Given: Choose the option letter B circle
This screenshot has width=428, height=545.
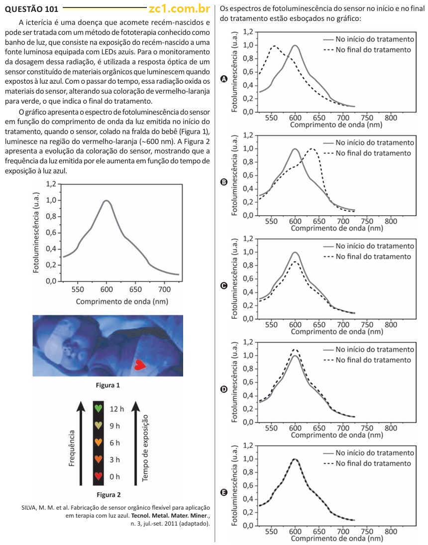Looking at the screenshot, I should tap(224, 182).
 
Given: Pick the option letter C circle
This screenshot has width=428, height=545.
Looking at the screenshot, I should tap(224, 285).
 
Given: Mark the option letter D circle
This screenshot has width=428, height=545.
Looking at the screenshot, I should tap(224, 389).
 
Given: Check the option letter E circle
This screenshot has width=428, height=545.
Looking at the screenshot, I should tap(224, 492).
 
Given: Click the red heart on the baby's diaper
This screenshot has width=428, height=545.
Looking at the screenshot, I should tap(141, 366).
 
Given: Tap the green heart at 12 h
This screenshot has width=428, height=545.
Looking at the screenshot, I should tap(99, 409).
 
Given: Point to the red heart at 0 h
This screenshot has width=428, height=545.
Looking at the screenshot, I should tap(99, 477).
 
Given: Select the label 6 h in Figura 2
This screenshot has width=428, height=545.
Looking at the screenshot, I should tap(115, 443).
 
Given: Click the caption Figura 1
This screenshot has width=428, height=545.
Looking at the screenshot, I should tap(108, 385).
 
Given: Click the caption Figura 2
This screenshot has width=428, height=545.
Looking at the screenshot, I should tap(108, 495).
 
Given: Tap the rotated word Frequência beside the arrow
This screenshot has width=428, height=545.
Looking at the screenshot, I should tap(72, 448).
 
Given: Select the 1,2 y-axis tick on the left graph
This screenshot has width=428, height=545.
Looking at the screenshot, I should tap(51, 184).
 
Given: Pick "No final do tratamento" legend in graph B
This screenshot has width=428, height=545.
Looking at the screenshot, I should tap(373, 152).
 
